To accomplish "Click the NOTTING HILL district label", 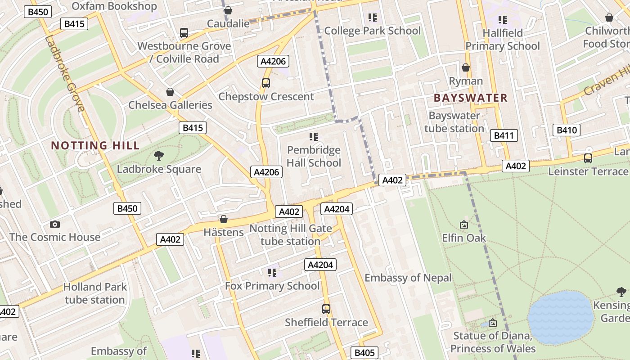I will pyautogui.click(x=95, y=145).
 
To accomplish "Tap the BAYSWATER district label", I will pyautogui.click(x=470, y=98).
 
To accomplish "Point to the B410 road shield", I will pyautogui.click(x=566, y=130).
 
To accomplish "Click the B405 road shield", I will pyautogui.click(x=364, y=352).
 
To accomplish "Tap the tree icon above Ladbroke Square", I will pyautogui.click(x=158, y=156).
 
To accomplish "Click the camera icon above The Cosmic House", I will pyautogui.click(x=54, y=224).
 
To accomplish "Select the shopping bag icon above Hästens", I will pyautogui.click(x=223, y=219).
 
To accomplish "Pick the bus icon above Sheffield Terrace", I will pyautogui.click(x=326, y=309).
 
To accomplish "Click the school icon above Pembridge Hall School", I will pyautogui.click(x=314, y=136).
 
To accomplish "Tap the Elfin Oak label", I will pyautogui.click(x=464, y=238).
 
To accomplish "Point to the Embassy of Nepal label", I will pyautogui.click(x=408, y=278).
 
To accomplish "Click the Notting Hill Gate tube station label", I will pyautogui.click(x=291, y=235).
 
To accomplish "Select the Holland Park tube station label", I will pyautogui.click(x=94, y=293).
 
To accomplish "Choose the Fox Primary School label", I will pyautogui.click(x=272, y=286).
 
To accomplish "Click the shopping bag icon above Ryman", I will pyautogui.click(x=466, y=67).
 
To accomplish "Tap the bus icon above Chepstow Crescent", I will pyautogui.click(x=266, y=83).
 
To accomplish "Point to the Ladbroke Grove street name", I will pyautogui.click(x=65, y=73).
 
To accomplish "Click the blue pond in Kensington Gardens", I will pyautogui.click(x=560, y=318).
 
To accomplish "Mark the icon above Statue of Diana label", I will pyautogui.click(x=493, y=322).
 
